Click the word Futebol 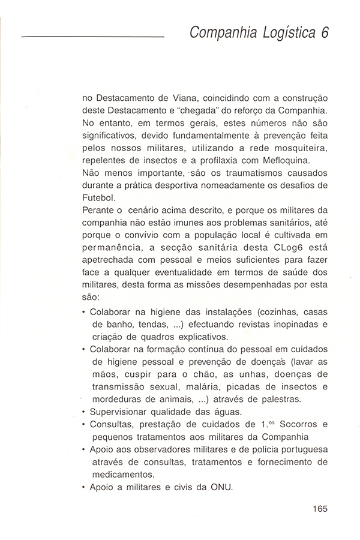(x=97, y=198)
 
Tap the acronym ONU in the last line (x=220, y=487)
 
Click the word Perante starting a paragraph (x=96, y=211)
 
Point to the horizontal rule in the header (x=92, y=38)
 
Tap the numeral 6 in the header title (x=325, y=33)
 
